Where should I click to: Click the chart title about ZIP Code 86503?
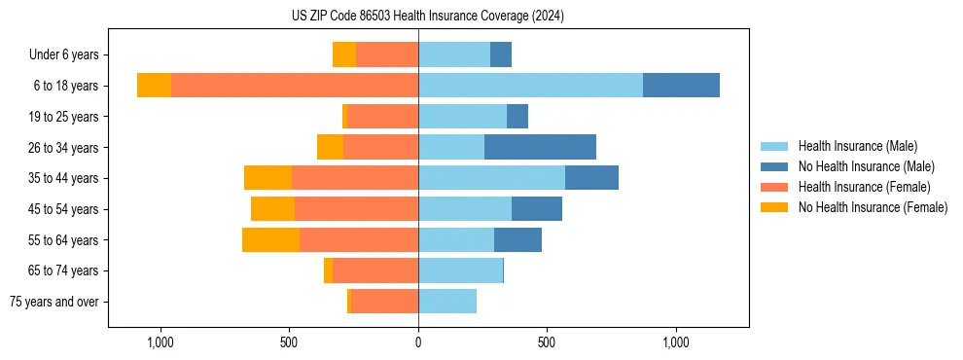click(428, 17)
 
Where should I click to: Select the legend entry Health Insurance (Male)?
click(857, 146)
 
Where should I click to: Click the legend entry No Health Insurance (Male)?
click(866, 166)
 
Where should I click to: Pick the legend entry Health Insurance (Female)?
click(864, 187)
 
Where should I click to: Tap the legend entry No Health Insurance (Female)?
click(873, 207)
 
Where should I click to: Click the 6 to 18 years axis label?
click(65, 86)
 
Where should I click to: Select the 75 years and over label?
click(53, 302)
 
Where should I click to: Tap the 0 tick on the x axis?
click(418, 342)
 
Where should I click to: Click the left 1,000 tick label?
click(160, 342)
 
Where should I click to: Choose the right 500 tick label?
click(547, 342)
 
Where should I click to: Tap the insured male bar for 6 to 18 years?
click(530, 86)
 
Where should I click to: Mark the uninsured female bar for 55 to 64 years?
click(270, 239)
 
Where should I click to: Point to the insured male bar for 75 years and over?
click(447, 302)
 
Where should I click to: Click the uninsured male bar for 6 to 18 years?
click(681, 86)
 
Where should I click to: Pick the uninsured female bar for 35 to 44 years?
click(267, 178)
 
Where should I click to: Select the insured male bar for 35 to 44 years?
click(491, 178)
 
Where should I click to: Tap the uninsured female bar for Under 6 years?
click(344, 54)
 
